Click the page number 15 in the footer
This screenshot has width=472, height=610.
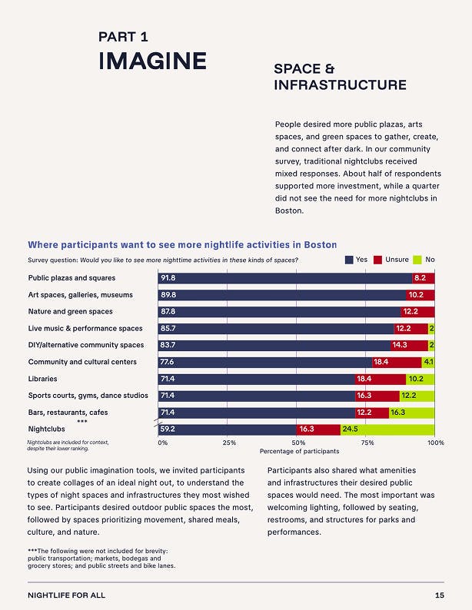coord(439,595)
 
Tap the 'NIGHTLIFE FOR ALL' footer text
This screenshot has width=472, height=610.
coord(66,595)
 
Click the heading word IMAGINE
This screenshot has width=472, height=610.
coord(152,61)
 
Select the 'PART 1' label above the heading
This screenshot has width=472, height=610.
coord(123,36)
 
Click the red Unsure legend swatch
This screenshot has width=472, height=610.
coord(377,260)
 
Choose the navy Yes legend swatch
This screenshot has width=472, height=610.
coord(349,260)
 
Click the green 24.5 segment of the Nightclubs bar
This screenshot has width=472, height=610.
coord(387,429)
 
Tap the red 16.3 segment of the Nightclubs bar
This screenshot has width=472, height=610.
coord(318,429)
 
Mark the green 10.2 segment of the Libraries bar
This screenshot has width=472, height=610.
coord(420,379)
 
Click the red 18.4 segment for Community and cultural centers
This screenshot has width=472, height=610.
coord(397,362)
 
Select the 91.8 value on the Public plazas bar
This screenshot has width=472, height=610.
coord(168,277)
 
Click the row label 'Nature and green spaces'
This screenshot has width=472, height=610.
coord(70,311)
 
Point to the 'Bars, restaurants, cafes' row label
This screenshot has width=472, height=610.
coord(68,413)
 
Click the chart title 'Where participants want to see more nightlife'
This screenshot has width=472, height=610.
coord(181,245)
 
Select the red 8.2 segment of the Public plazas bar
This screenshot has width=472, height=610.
coord(424,277)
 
